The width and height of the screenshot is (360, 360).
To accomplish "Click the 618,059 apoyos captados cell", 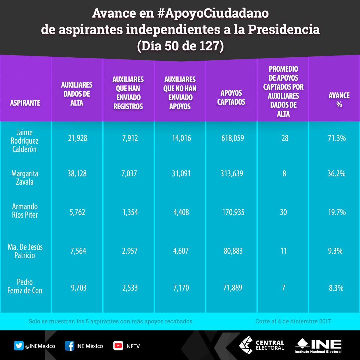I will (233, 138).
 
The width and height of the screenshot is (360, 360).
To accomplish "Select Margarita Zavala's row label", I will (25, 178).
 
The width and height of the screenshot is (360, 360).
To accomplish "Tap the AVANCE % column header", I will (339, 100).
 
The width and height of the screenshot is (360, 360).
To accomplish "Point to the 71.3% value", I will (337, 138).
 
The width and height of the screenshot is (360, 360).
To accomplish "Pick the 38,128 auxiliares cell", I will (77, 174).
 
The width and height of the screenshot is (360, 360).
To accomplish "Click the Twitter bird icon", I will (19, 346).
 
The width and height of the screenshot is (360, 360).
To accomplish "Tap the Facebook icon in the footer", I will (70, 346).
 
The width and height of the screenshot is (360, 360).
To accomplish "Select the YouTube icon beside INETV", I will (118, 346).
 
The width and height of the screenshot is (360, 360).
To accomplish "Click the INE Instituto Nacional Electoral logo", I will (318, 346).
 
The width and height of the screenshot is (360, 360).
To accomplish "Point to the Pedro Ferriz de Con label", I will (25, 286).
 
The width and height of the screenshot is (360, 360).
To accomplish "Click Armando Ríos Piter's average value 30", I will (283, 212).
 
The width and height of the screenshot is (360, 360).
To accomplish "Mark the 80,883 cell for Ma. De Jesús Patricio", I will (233, 251).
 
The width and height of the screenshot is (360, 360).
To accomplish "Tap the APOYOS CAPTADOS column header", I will (231, 97).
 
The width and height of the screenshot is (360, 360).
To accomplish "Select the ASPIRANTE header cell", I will (25, 103).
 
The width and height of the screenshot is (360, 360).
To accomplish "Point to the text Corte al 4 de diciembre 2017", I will (293, 321).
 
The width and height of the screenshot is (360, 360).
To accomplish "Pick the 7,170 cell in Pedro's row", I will (181, 288).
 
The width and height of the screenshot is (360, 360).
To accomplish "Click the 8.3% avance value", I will (336, 288).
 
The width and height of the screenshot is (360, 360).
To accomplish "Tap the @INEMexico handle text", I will (40, 346).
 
